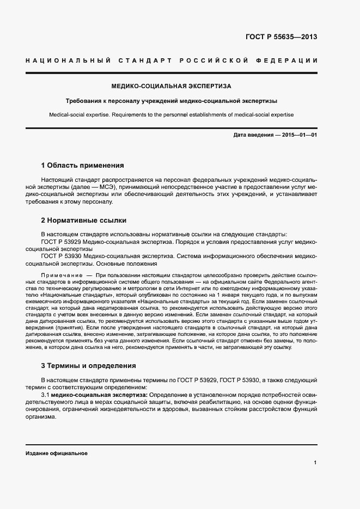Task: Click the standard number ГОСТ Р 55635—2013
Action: [x=282, y=37]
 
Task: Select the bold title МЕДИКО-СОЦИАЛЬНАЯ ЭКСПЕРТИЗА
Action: [x=171, y=86]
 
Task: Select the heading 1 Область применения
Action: [x=83, y=165]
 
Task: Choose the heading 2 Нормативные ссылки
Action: [x=84, y=220]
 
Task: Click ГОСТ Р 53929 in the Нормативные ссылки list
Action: [x=62, y=241]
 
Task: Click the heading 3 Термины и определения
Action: [x=89, y=365]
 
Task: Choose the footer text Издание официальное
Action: [x=57, y=453]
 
